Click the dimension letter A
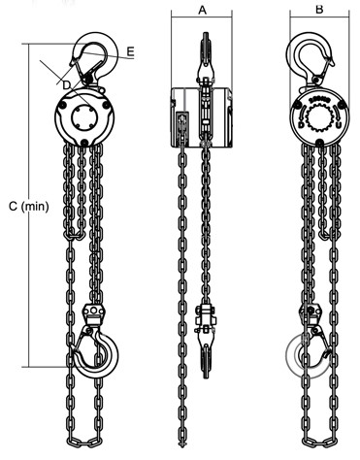(202, 10)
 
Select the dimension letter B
(319, 10)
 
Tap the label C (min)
(29, 206)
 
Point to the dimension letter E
(130, 51)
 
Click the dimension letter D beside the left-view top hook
(66, 85)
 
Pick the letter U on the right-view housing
(339, 124)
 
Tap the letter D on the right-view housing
(301, 124)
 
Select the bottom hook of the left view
(96, 352)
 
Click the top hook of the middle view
(205, 55)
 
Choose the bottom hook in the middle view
(205, 356)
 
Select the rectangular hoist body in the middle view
(201, 117)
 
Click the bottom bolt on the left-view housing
(84, 142)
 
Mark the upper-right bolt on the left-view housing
(106, 105)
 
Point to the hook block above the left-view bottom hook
(93, 313)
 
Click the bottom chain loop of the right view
(319, 441)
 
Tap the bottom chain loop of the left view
(84, 441)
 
